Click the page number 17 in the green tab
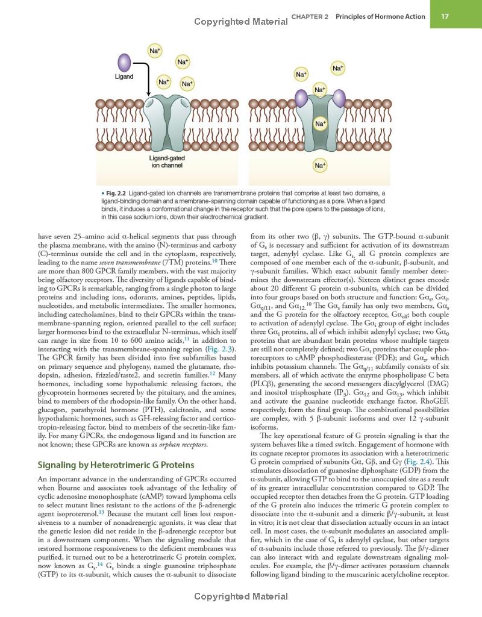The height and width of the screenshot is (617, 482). pos(444,16)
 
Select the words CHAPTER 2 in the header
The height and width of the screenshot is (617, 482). pos(310,17)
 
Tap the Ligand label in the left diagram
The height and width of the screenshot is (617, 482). pos(124,77)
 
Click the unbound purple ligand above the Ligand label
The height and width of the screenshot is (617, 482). pos(124,61)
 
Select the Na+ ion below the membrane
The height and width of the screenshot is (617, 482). pos(321,164)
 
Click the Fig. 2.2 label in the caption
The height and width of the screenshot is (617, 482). pos(117,193)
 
